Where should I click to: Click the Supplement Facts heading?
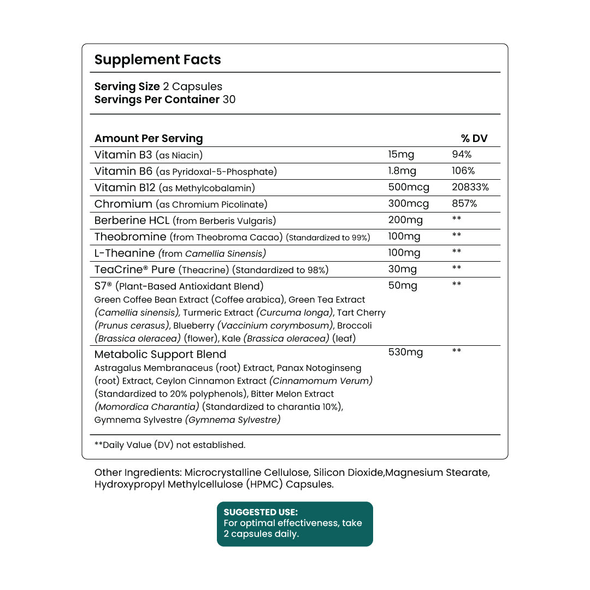(x=157, y=60)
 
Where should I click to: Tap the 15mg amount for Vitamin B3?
(x=401, y=155)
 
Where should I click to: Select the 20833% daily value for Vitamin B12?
(x=470, y=187)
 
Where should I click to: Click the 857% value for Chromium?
(x=464, y=204)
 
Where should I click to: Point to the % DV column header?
(x=474, y=139)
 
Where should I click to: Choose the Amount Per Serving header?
(x=149, y=139)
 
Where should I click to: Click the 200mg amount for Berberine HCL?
(x=405, y=220)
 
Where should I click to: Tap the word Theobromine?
(x=130, y=237)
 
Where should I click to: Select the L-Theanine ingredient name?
(x=125, y=253)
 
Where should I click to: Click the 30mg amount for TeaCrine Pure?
(x=402, y=269)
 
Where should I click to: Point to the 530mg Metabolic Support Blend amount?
(x=405, y=352)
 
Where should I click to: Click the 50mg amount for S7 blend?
(x=402, y=286)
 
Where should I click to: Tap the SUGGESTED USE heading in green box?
(x=261, y=512)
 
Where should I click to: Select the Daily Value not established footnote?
(x=170, y=445)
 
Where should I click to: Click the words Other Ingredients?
(x=138, y=473)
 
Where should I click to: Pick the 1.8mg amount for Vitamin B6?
(x=402, y=171)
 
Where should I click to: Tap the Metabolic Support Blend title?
(x=160, y=355)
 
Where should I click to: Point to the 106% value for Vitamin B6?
(x=463, y=171)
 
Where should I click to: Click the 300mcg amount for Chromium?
(x=408, y=204)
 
